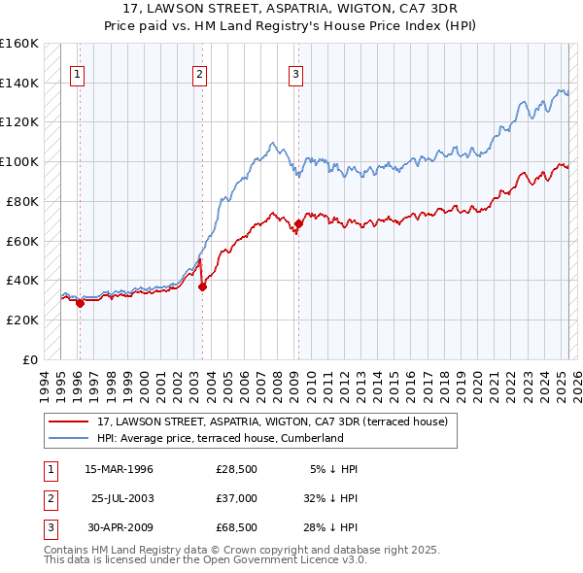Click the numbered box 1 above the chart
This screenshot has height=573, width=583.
pyautogui.click(x=77, y=75)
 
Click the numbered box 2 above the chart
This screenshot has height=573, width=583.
pyautogui.click(x=199, y=75)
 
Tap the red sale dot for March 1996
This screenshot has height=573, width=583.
pyautogui.click(x=80, y=303)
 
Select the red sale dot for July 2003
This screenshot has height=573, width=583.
pyautogui.click(x=203, y=286)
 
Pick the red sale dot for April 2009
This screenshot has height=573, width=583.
pyautogui.click(x=298, y=223)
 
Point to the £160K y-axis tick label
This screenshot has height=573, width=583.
pyautogui.click(x=19, y=44)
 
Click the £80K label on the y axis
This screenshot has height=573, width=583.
pyautogui.click(x=22, y=201)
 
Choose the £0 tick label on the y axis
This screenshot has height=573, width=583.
pyautogui.click(x=29, y=359)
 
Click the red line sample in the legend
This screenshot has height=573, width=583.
pyautogui.click(x=68, y=421)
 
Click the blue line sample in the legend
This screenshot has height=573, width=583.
pyautogui.click(x=68, y=438)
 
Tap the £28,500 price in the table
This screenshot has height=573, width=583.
pyautogui.click(x=236, y=469)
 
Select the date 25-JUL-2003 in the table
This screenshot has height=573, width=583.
pyautogui.click(x=122, y=498)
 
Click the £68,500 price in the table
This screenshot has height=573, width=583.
pyautogui.click(x=236, y=527)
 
